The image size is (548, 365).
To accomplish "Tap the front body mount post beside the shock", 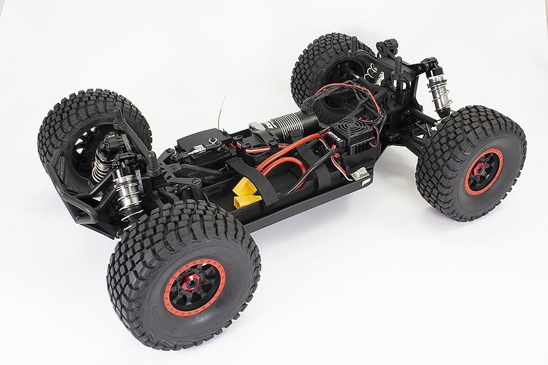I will [x=149, y=164].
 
